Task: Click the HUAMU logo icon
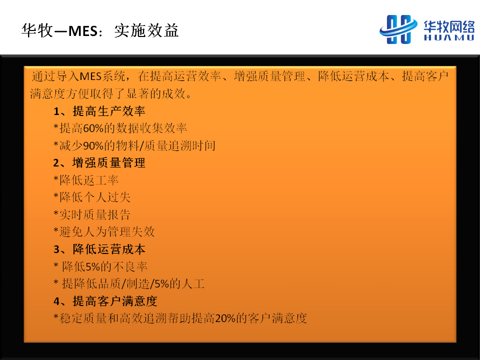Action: [x=398, y=29]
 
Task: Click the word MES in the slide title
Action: [x=82, y=31]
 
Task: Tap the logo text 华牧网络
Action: [x=449, y=26]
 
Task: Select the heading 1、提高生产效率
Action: [x=99, y=111]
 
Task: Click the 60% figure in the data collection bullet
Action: [x=93, y=128]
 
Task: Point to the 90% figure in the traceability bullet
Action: [x=93, y=145]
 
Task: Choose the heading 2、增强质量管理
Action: [x=99, y=163]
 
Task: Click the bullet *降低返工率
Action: [x=86, y=180]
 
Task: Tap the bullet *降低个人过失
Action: [x=92, y=197]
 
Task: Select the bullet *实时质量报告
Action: [x=92, y=214]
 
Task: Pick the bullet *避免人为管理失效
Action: [x=104, y=231]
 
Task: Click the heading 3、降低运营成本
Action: [x=99, y=249]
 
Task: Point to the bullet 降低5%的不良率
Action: [x=104, y=266]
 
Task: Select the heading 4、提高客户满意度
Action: [x=105, y=301]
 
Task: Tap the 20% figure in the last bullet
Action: [x=225, y=318]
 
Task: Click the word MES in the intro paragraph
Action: [x=90, y=76]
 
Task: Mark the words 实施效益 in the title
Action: [x=146, y=31]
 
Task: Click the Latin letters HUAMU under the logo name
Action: [x=449, y=37]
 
